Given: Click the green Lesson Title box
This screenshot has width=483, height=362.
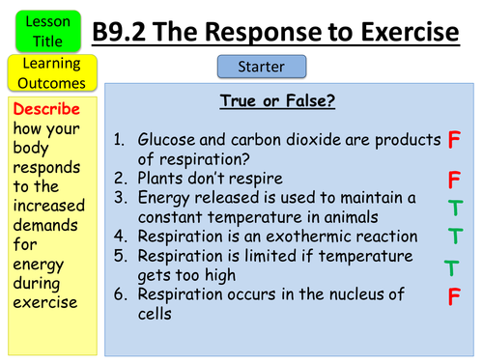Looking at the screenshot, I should (x=43, y=27).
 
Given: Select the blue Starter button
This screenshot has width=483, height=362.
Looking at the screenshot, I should (x=262, y=67).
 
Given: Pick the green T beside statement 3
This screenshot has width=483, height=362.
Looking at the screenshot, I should (x=455, y=207).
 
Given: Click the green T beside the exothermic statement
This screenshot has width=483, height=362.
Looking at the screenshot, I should (x=455, y=235).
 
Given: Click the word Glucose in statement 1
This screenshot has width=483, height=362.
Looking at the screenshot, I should (x=169, y=141).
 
